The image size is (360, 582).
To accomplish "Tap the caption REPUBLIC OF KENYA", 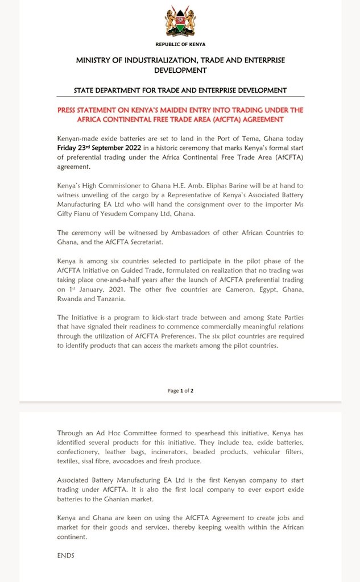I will click(180, 44).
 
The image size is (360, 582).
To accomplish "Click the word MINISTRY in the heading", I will click(97, 60).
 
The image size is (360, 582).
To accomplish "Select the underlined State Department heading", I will click(180, 90).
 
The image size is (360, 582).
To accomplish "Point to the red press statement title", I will click(180, 114).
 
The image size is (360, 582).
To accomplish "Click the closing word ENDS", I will click(66, 555).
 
